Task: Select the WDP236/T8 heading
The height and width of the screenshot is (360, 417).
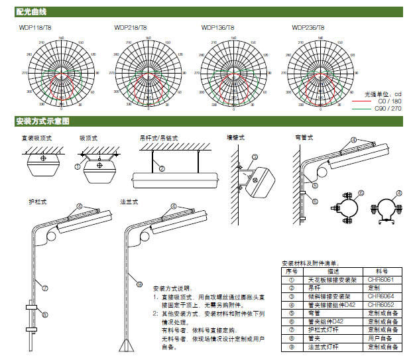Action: (308, 28)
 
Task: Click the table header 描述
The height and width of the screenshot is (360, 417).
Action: (333, 272)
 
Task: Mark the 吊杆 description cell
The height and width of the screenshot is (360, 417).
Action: (333, 288)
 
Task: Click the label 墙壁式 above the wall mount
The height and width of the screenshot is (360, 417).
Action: (235, 139)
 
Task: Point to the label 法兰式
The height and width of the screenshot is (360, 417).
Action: (129, 200)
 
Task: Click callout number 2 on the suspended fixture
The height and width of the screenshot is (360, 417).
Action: (161, 168)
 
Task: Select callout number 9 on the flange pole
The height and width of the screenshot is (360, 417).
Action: (139, 284)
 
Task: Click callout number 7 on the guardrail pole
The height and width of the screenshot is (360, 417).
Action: (45, 288)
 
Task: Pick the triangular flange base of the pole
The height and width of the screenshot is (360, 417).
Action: (127, 346)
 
